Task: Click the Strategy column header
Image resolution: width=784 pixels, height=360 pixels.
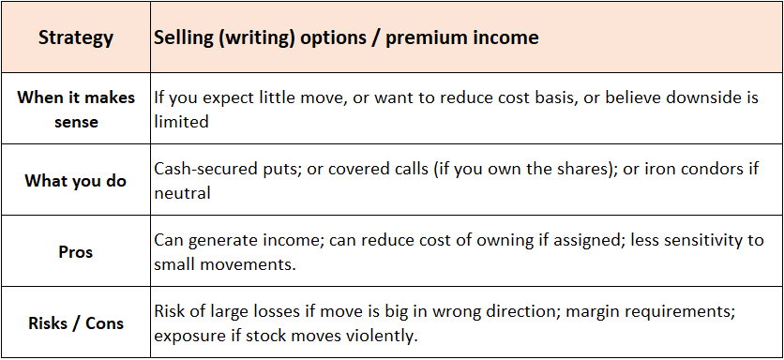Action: coord(76,38)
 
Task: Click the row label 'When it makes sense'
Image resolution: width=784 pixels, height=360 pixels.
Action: coord(76,110)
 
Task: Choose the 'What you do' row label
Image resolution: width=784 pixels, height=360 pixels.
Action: coord(76,181)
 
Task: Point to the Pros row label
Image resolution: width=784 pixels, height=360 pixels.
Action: coord(76,252)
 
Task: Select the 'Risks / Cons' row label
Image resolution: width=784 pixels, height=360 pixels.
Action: coord(76,323)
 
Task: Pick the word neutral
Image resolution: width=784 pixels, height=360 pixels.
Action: coord(184,193)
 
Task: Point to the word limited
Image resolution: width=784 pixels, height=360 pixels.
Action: coord(181,122)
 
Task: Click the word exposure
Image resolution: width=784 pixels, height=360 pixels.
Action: coord(190,336)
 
